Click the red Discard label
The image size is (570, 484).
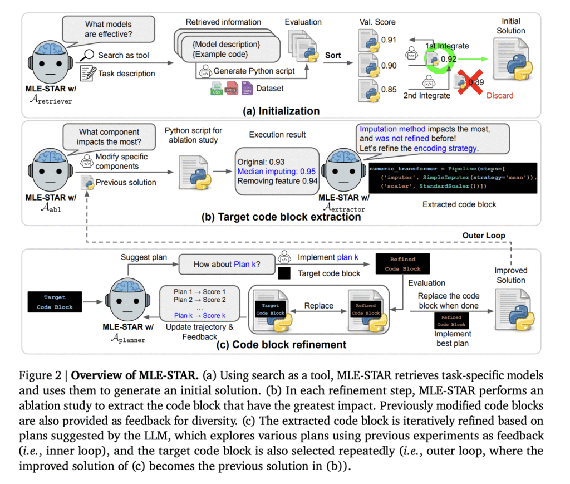(x=500, y=95)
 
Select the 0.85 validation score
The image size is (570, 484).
(x=389, y=88)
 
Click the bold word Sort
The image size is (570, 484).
(x=333, y=55)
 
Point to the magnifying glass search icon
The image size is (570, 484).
(x=87, y=55)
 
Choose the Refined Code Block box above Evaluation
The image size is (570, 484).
(x=401, y=263)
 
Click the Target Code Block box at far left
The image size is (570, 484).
(x=55, y=302)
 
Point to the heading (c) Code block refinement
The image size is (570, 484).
(x=281, y=344)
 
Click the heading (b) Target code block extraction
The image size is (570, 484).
(x=281, y=217)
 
